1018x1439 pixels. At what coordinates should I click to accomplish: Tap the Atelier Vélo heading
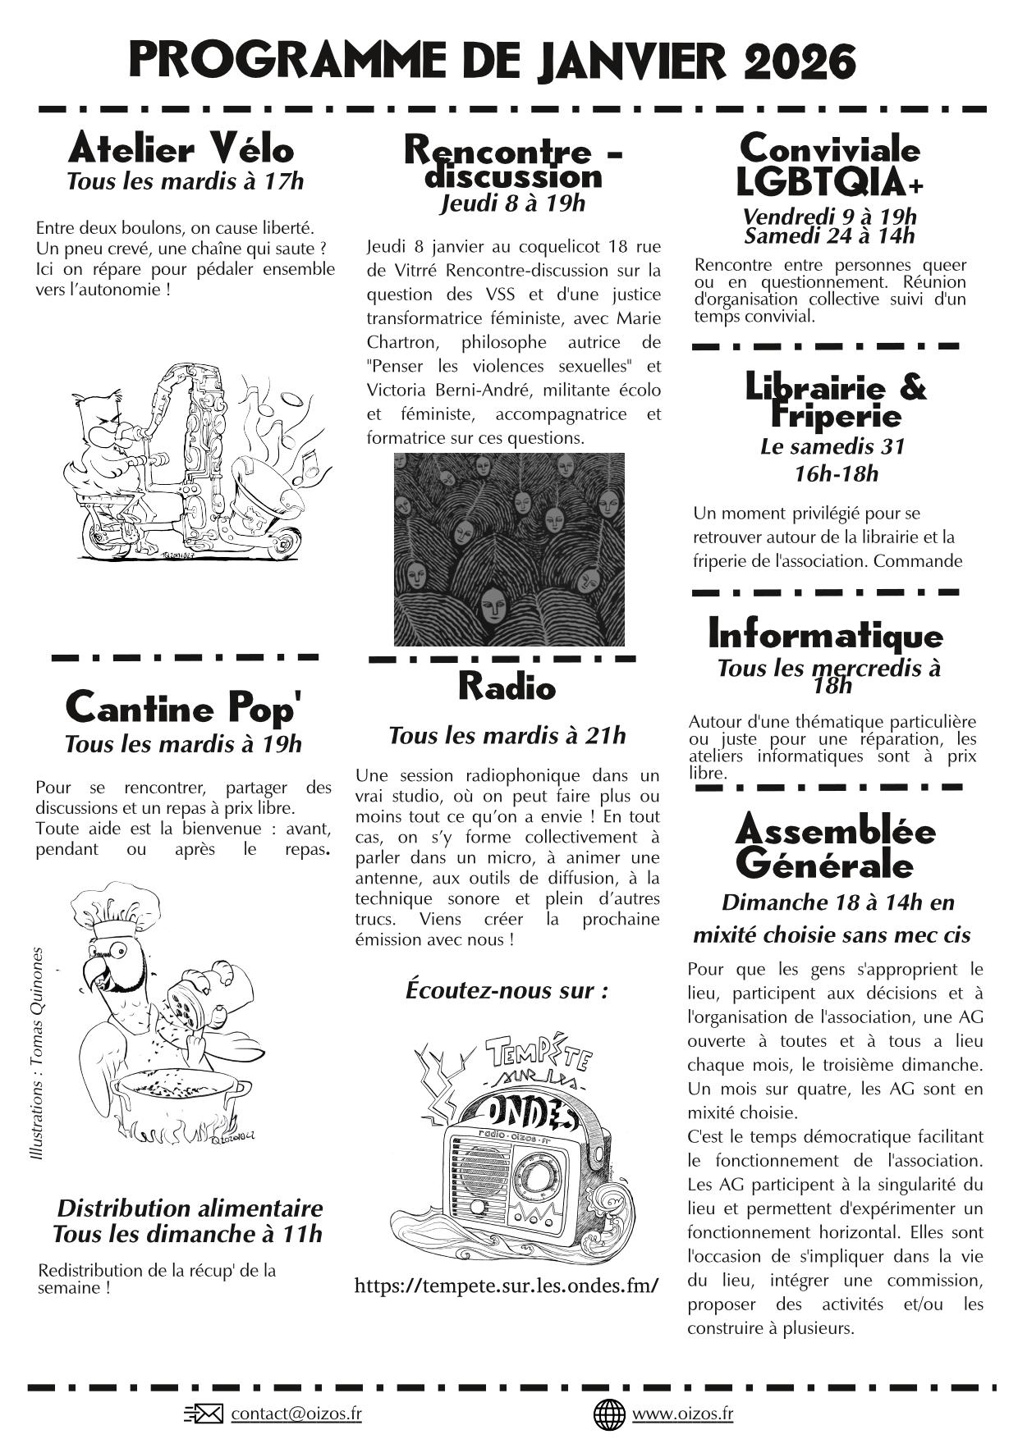181,149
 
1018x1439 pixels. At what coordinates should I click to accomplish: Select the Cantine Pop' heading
183,707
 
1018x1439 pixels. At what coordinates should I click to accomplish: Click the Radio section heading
507,687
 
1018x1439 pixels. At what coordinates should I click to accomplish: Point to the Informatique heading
825,636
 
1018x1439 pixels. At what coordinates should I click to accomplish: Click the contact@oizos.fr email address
296,1414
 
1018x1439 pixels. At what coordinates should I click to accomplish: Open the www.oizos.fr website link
682,1414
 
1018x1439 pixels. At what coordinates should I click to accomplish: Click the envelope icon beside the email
204,1414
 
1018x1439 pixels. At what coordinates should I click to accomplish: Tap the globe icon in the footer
609,1414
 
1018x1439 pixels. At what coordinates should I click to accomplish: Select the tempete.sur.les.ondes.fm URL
507,1286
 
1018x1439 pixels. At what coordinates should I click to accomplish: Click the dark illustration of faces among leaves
509,549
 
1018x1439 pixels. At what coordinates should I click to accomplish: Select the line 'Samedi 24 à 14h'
829,236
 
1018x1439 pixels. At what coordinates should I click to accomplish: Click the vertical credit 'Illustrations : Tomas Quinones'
36,1053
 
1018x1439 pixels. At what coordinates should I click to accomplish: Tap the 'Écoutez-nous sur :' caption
507,990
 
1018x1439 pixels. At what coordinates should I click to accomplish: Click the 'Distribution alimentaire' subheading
190,1208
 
